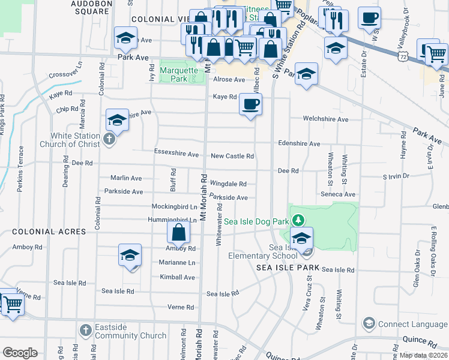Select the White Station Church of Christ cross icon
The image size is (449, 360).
pyautogui.click(x=109, y=139)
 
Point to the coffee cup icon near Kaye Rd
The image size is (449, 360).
pyautogui.click(x=250, y=104)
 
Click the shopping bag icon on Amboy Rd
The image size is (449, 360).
pyautogui.click(x=179, y=232)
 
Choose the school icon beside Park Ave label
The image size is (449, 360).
pyautogui.click(x=125, y=38)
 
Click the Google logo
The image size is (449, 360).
pyautogui.click(x=20, y=352)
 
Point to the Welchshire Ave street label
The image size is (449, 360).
pyautogui.click(x=325, y=119)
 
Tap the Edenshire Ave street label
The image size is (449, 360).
pyautogui.click(x=299, y=144)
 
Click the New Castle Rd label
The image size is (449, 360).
pyautogui.click(x=232, y=156)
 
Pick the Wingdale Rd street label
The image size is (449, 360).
pyautogui.click(x=228, y=184)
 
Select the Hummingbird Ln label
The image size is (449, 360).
pyautogui.click(x=176, y=220)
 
